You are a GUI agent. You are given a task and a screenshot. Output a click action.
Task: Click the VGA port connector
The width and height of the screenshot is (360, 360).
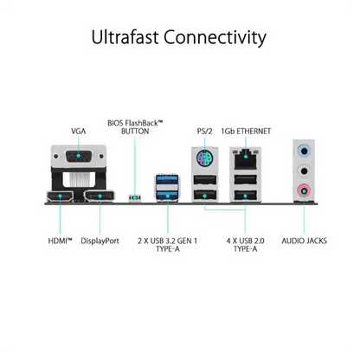tap(79, 157)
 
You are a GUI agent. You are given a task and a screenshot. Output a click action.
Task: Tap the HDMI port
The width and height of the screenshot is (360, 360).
tap(60, 196)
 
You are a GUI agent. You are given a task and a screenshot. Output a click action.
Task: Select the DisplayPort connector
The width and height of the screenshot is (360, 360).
tap(99, 196)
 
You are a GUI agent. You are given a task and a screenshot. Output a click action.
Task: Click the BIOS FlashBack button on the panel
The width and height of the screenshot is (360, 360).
tap(135, 198)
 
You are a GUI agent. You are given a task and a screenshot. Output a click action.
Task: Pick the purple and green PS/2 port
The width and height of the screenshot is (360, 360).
tap(204, 158)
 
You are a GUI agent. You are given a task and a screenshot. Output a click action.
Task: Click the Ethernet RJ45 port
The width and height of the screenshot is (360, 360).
tap(246, 158)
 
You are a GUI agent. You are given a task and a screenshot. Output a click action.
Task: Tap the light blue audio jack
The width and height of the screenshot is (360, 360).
tap(304, 151)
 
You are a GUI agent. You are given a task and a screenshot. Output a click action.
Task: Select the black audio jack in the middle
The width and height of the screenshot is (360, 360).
tap(304, 170)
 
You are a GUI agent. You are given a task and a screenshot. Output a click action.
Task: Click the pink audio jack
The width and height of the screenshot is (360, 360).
tap(304, 190)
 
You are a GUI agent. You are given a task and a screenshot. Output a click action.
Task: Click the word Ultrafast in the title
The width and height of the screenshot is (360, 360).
tap(125, 37)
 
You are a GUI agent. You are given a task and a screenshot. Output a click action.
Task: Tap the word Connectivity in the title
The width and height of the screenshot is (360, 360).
tap(215, 37)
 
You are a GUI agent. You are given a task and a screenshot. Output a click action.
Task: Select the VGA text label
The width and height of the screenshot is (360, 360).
tap(79, 132)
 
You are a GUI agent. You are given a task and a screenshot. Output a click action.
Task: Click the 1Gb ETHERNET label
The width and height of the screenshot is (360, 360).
tap(246, 132)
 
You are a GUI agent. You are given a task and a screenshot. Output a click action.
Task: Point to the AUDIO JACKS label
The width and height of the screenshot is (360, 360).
tap(305, 241)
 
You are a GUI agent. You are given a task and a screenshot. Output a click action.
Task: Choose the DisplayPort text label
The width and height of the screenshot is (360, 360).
tap(100, 241)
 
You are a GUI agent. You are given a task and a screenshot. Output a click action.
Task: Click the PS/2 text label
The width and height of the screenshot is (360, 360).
tap(204, 132)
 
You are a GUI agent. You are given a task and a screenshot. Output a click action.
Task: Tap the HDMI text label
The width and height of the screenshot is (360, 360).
tap(60, 241)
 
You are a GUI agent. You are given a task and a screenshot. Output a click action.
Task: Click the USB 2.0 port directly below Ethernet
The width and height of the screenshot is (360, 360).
tap(246, 180)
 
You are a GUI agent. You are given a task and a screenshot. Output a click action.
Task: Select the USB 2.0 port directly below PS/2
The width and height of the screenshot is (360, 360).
tap(205, 180)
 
